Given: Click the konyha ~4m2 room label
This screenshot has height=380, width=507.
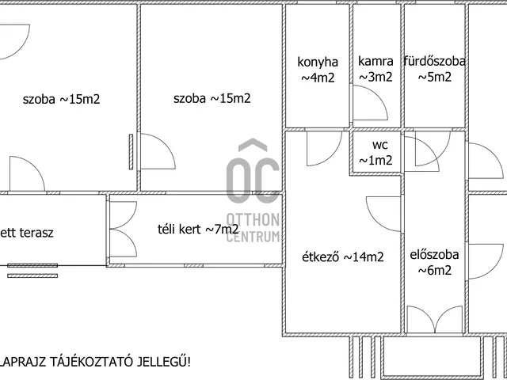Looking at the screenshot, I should coord(318,69).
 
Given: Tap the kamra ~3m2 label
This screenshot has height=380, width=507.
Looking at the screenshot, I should coord(375,69).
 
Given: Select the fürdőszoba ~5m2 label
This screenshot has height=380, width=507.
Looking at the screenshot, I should coord(434,69).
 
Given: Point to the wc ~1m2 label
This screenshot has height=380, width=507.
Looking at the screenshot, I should coord(379,153).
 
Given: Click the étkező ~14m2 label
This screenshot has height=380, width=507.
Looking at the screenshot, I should coord(343,256).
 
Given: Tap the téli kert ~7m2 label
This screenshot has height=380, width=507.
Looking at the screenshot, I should coord(199,230).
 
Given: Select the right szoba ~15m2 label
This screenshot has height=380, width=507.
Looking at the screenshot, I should coord(212,98).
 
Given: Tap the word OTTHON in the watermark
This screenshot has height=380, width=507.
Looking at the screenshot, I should coord(252,219).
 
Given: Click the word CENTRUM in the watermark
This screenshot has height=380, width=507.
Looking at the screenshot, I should coord(252,237).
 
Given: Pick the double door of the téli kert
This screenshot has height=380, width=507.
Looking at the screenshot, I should coord(121,230).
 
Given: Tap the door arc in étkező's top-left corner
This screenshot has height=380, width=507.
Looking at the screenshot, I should coord(320,146).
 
